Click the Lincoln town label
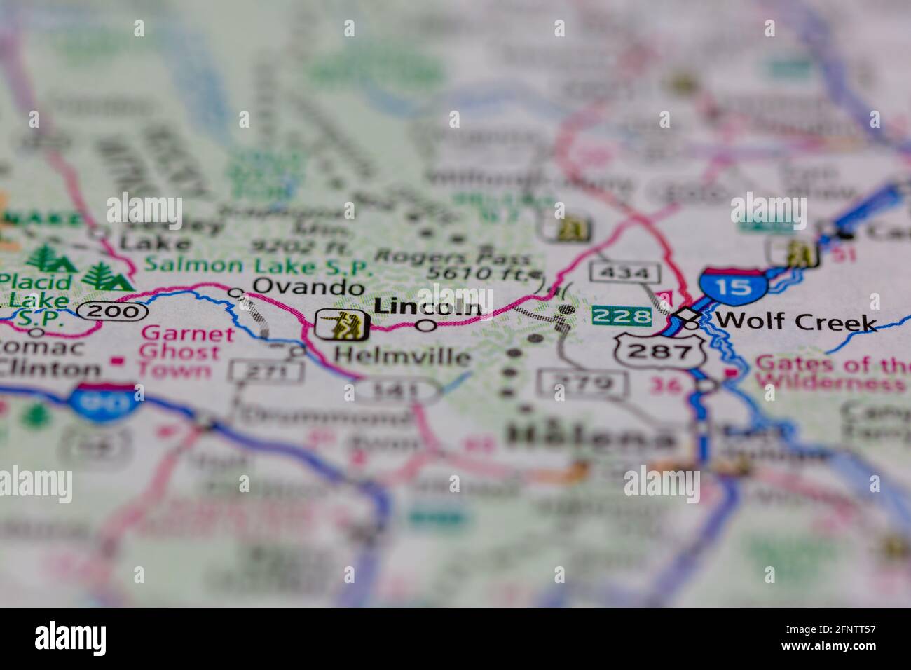[x=427, y=306]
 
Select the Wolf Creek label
[x=797, y=322]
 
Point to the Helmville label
[x=402, y=356]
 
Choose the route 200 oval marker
[x=112, y=311]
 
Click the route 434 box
[x=624, y=271]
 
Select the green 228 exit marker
[x=622, y=317]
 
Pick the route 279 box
[x=582, y=383]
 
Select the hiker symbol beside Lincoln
[x=343, y=324]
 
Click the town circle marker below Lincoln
[x=426, y=325]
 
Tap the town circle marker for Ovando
[x=237, y=293]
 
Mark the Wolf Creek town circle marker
[x=692, y=324]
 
